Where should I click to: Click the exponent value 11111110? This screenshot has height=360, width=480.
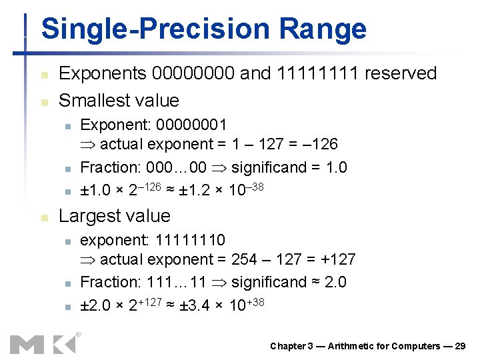tap(190, 240)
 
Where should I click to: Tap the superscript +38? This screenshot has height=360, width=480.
tap(255, 302)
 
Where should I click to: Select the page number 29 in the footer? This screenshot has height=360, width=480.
tap(459, 346)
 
